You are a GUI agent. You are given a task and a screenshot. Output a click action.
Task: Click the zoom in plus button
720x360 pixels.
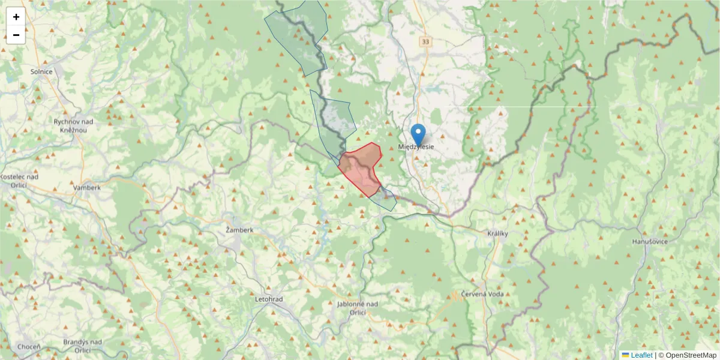[x=16, y=17]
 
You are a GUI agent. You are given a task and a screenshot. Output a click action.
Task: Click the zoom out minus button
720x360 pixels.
[x=16, y=35]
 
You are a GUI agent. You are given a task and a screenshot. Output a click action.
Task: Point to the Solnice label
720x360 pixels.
[x=42, y=71]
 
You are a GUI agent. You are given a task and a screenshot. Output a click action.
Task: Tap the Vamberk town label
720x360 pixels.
[x=86, y=187]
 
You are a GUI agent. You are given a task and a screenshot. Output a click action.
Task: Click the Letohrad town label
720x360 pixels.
[x=269, y=299]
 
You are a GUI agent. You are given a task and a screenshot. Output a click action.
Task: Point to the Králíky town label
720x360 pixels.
[x=498, y=233]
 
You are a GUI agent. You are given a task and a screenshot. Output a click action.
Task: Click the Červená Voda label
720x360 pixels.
[x=482, y=294]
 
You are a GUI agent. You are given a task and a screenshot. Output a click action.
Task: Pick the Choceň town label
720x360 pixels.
[x=29, y=347]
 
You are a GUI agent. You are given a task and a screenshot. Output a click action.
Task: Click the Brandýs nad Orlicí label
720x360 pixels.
[x=82, y=346]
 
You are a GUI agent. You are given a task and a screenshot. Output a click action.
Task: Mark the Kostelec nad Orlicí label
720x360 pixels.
[x=20, y=181]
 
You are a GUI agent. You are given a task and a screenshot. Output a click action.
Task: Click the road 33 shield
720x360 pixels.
[x=425, y=41]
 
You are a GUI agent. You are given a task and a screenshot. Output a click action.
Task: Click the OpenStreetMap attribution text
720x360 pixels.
[x=691, y=355]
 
